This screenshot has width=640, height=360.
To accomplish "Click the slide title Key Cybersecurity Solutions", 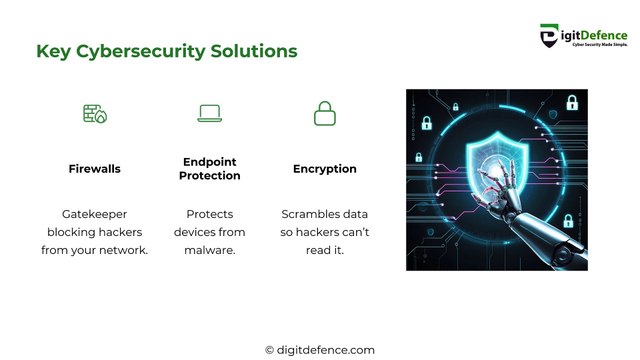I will (166, 50).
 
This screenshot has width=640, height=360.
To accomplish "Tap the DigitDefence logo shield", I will (549, 37).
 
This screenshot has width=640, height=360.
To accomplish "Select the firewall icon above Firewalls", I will (94, 113).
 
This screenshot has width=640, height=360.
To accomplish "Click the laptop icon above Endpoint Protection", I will (210, 113).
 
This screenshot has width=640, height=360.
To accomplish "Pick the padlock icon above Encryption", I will (325, 113).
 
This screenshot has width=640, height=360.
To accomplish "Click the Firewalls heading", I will (94, 169).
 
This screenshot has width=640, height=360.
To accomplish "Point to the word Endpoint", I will (210, 162).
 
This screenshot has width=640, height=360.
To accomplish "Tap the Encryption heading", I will (325, 169).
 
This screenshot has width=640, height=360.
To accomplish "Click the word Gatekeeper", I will (94, 214).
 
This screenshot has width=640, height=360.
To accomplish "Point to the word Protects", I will (210, 214).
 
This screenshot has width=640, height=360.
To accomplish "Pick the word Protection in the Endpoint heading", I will (210, 176).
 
